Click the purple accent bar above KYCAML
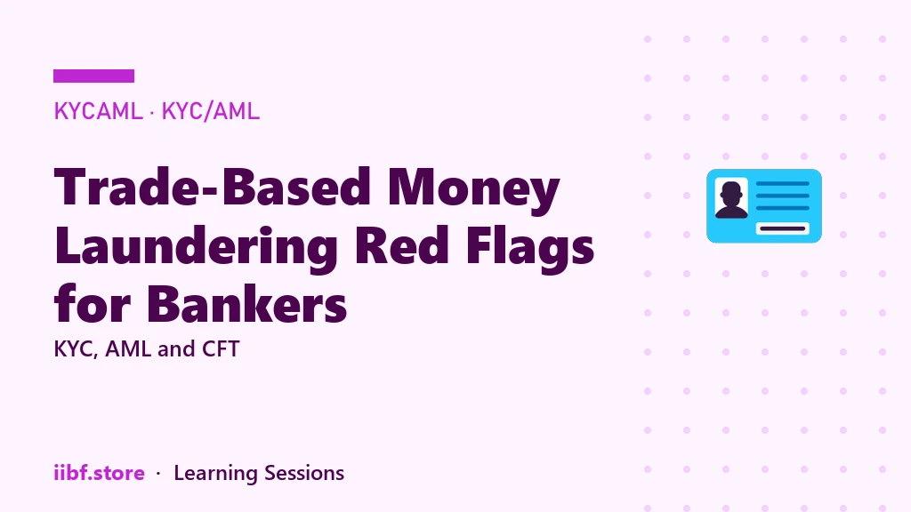(x=93, y=76)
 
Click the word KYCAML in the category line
(x=98, y=111)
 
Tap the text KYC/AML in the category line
(x=210, y=111)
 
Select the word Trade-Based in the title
(x=212, y=187)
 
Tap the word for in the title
(x=92, y=303)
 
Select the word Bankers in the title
(x=247, y=303)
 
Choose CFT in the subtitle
(x=221, y=348)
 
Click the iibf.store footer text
(x=99, y=473)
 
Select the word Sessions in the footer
(x=304, y=473)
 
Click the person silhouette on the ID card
(x=731, y=198)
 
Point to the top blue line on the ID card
(x=783, y=183)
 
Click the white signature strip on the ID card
(x=783, y=228)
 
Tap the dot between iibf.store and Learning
(x=158, y=474)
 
